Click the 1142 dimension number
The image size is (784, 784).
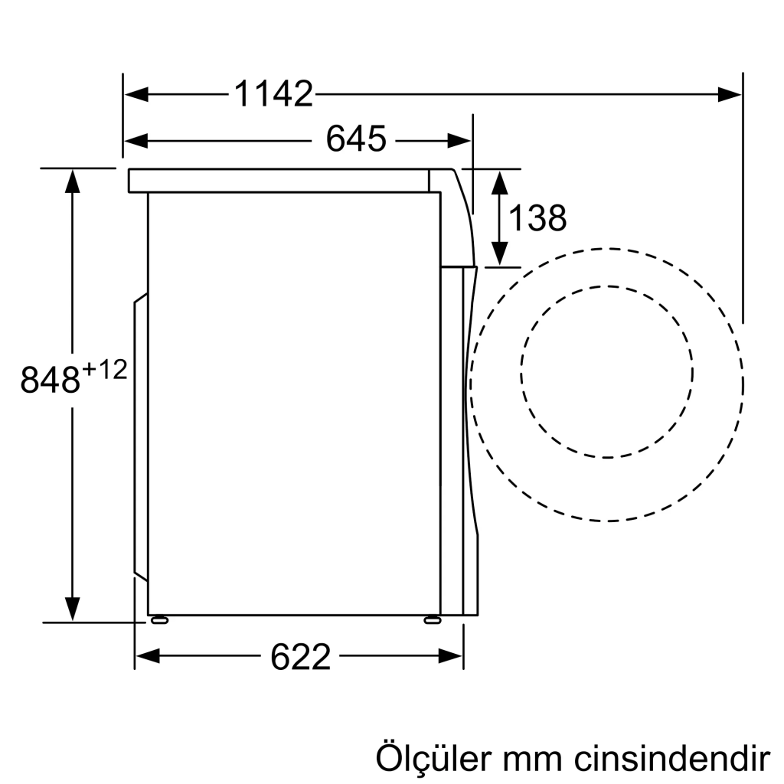pyautogui.click(x=273, y=94)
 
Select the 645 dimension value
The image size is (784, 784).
pyautogui.click(x=355, y=140)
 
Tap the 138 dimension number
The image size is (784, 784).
pyautogui.click(x=537, y=219)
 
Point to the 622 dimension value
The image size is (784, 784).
pyautogui.click(x=300, y=656)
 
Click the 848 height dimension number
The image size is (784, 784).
pyautogui.click(x=51, y=380)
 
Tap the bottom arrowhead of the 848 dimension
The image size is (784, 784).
pyautogui.click(x=72, y=610)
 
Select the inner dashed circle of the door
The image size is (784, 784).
pyautogui.click(x=607, y=287)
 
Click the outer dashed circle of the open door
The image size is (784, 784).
pyautogui.click(x=607, y=249)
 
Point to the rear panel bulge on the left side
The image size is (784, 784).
pyautogui.click(x=140, y=436)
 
